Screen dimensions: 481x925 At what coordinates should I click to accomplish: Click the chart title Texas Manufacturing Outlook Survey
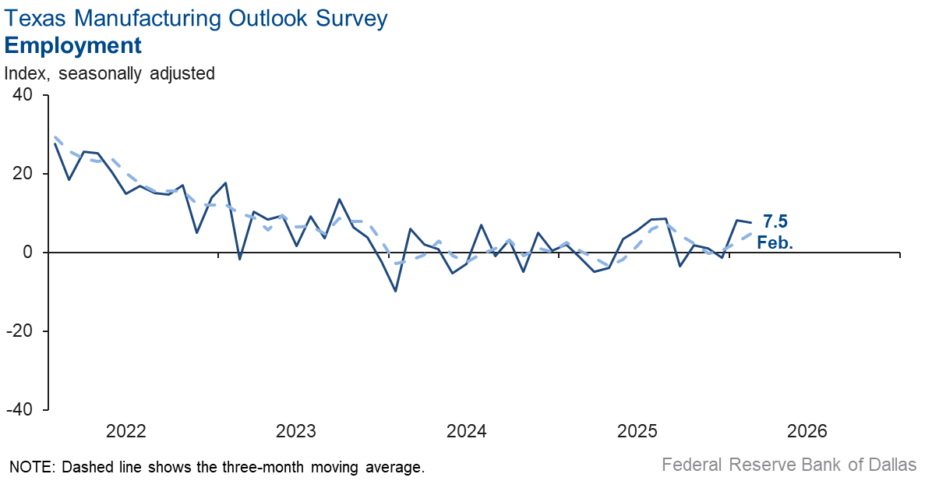196,19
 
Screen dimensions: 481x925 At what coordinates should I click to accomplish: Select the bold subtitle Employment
73,45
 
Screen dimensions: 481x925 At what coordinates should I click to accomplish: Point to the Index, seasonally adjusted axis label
110,73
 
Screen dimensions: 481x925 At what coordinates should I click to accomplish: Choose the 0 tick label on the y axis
28,253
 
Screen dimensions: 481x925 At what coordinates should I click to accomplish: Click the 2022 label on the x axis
125,431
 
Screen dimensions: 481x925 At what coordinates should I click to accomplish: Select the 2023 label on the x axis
296,431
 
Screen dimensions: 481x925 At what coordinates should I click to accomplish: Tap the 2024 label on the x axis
466,431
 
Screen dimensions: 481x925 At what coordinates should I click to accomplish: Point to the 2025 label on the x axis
637,431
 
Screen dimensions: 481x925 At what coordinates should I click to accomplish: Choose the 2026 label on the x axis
807,431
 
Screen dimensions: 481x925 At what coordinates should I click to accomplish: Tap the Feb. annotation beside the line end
775,242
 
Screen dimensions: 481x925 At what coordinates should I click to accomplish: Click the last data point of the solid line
750,223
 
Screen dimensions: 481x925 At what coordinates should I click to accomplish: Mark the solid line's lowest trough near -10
396,291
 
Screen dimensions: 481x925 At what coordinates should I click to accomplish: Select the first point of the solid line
55,143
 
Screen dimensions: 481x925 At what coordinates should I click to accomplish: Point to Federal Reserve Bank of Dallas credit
789,465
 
